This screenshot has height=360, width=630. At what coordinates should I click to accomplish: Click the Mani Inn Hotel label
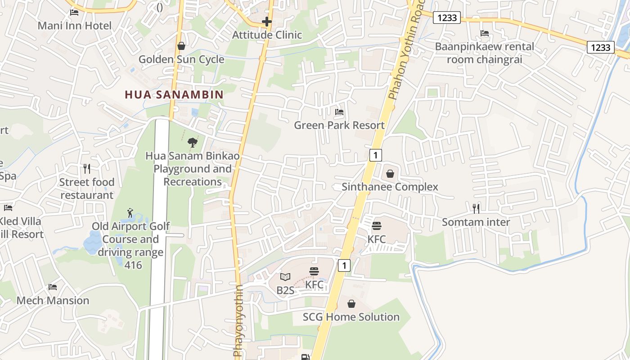tap(74, 26)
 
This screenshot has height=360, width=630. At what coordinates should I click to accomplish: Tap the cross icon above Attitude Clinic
tap(267, 21)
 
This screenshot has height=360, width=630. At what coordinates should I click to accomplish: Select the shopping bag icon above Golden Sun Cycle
tap(181, 46)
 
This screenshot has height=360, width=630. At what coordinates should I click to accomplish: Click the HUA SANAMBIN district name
tap(174, 94)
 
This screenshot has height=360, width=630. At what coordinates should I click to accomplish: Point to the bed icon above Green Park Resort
tap(339, 112)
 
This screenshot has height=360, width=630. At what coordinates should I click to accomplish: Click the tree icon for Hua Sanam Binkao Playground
tap(192, 143)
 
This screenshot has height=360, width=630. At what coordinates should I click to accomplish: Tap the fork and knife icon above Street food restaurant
tap(87, 169)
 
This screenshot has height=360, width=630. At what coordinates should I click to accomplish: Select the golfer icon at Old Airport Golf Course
tap(130, 213)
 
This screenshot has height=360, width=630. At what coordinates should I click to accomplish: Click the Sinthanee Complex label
tap(390, 187)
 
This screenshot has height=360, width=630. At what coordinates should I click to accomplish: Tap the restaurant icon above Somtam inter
tap(476, 208)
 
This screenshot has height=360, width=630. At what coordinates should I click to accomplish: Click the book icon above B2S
tap(285, 277)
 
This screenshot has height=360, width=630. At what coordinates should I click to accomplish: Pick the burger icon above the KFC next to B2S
tap(314, 271)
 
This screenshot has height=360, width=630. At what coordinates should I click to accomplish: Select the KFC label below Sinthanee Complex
tap(377, 239)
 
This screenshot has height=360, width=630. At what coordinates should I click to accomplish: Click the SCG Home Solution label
tap(351, 317)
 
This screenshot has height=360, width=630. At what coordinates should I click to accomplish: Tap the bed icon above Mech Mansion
tap(53, 287)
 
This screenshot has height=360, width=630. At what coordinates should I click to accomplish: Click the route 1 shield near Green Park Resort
tap(375, 155)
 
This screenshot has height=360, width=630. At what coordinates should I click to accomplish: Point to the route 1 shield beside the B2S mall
tap(344, 265)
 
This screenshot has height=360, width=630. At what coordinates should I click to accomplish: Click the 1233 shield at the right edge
tap(600, 47)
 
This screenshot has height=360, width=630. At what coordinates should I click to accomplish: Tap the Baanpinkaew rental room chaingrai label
tap(484, 53)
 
